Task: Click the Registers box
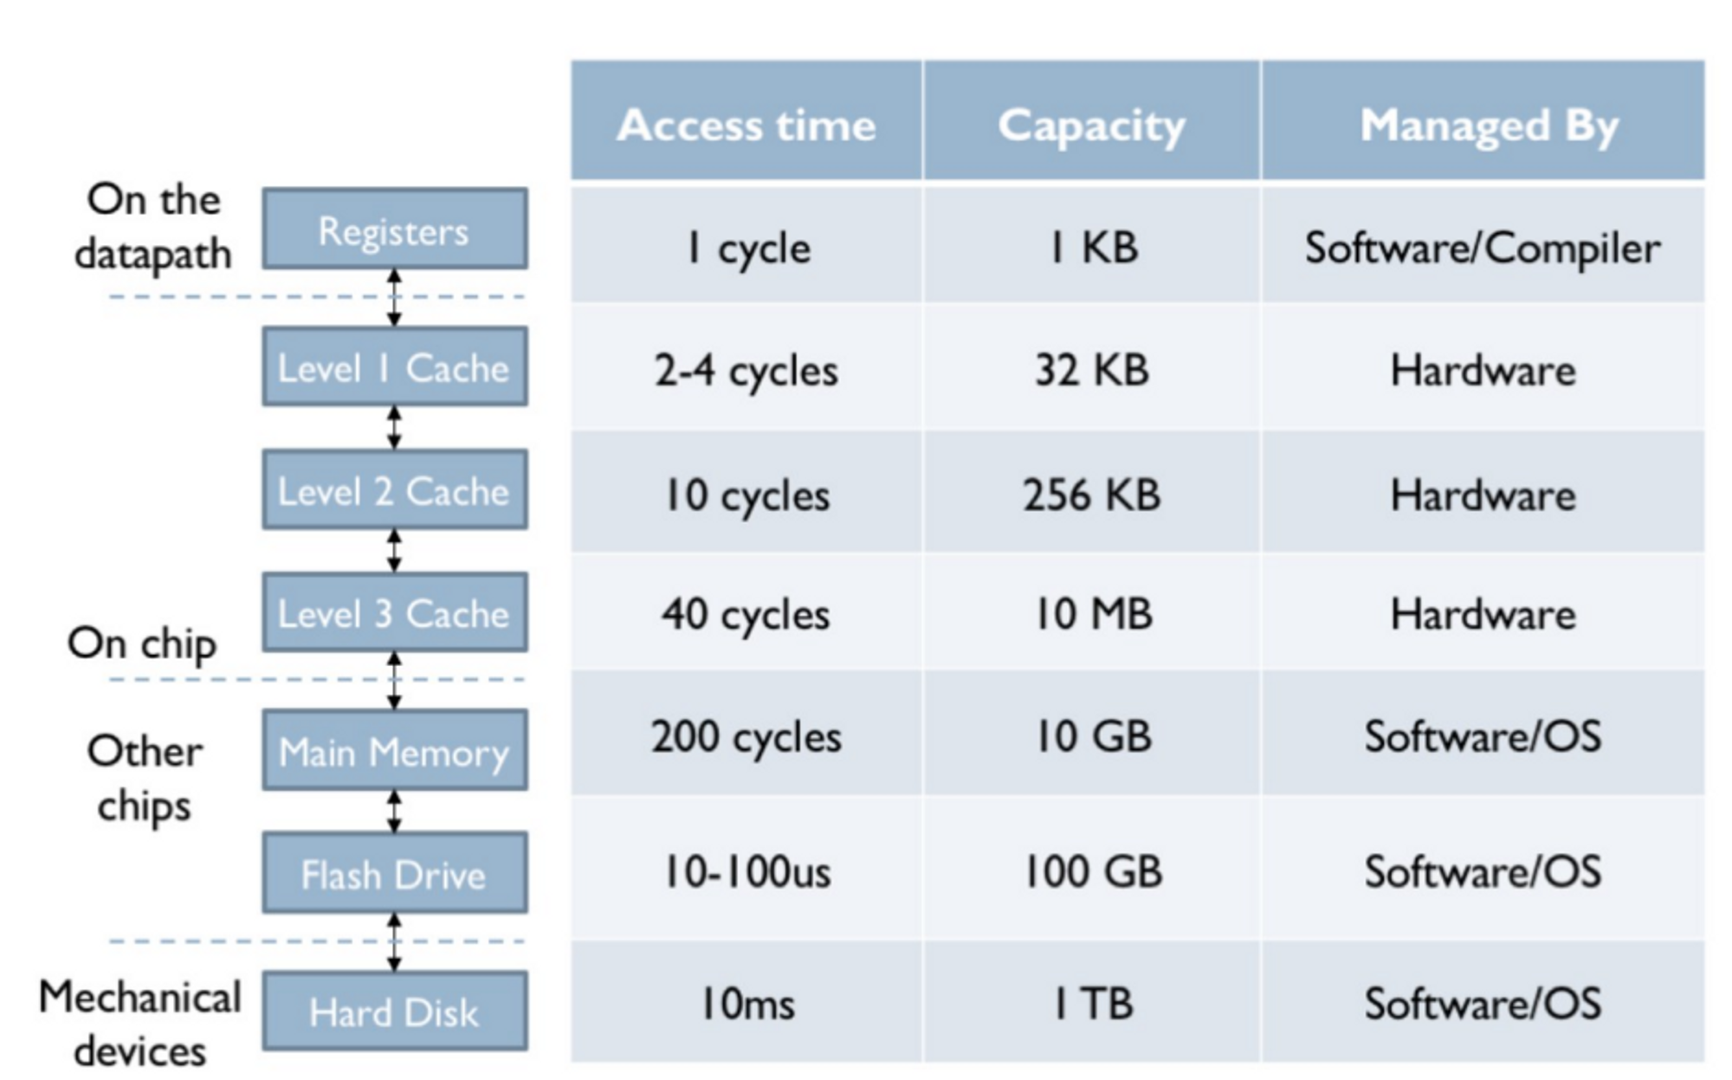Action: click(x=395, y=230)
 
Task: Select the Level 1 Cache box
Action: click(x=395, y=367)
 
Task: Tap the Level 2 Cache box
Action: click(x=395, y=490)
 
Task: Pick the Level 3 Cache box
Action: click(x=395, y=613)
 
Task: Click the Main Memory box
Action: click(x=395, y=751)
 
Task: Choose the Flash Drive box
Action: click(x=395, y=874)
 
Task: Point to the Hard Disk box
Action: click(x=395, y=1012)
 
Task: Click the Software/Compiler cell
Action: click(x=1483, y=248)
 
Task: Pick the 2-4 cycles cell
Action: click(x=746, y=371)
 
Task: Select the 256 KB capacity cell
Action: click(x=1091, y=495)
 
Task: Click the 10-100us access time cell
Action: click(x=746, y=871)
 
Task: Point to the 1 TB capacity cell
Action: click(x=1091, y=1004)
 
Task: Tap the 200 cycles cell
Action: click(x=746, y=737)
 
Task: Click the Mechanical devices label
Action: click(x=140, y=1024)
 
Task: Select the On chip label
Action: click(x=142, y=643)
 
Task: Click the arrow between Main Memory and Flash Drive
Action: click(x=394, y=812)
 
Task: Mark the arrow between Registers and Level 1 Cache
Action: click(x=394, y=297)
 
